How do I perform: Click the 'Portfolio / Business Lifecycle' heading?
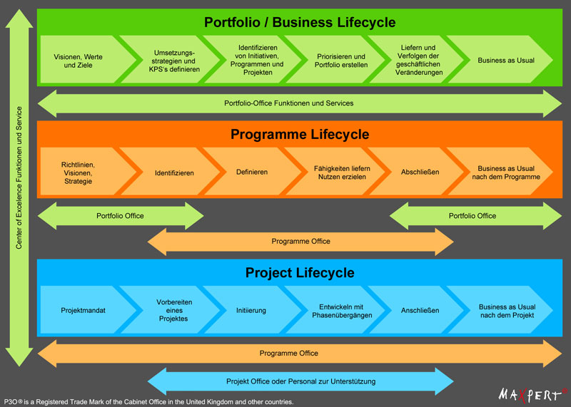coord(300,22)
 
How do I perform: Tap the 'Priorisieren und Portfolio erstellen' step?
coord(340,61)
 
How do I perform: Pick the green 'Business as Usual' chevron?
coord(505,61)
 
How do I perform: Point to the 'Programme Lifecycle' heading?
coord(300,134)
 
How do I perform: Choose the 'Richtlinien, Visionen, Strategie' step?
coord(78,172)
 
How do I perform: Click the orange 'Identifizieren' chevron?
coord(173,172)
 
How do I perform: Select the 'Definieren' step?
coord(252,172)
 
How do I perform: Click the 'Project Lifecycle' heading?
coord(300,272)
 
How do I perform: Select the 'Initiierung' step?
coord(251,310)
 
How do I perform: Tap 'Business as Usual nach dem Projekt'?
coord(506,310)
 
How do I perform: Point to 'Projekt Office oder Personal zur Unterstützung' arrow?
coord(300,381)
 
